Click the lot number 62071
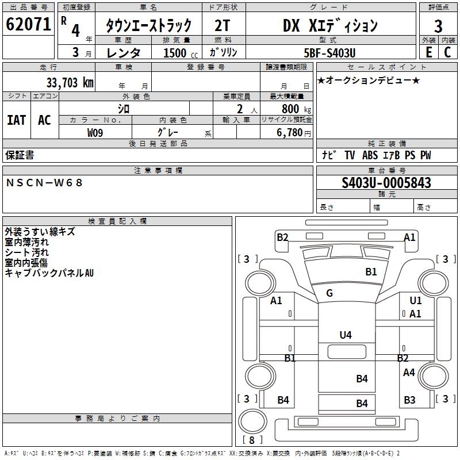(x=28, y=25)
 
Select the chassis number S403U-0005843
(x=386, y=183)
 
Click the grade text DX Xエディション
(x=330, y=25)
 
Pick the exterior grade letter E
(x=428, y=52)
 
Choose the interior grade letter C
(x=447, y=52)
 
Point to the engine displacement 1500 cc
(x=175, y=53)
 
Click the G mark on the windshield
(x=329, y=293)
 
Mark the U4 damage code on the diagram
(x=345, y=335)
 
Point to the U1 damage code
(x=416, y=301)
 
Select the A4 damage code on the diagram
(x=409, y=373)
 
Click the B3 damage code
(x=409, y=400)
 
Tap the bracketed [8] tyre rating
(x=252, y=440)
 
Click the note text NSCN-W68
(x=45, y=183)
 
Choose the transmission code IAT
(x=16, y=120)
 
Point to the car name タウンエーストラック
(x=148, y=26)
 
